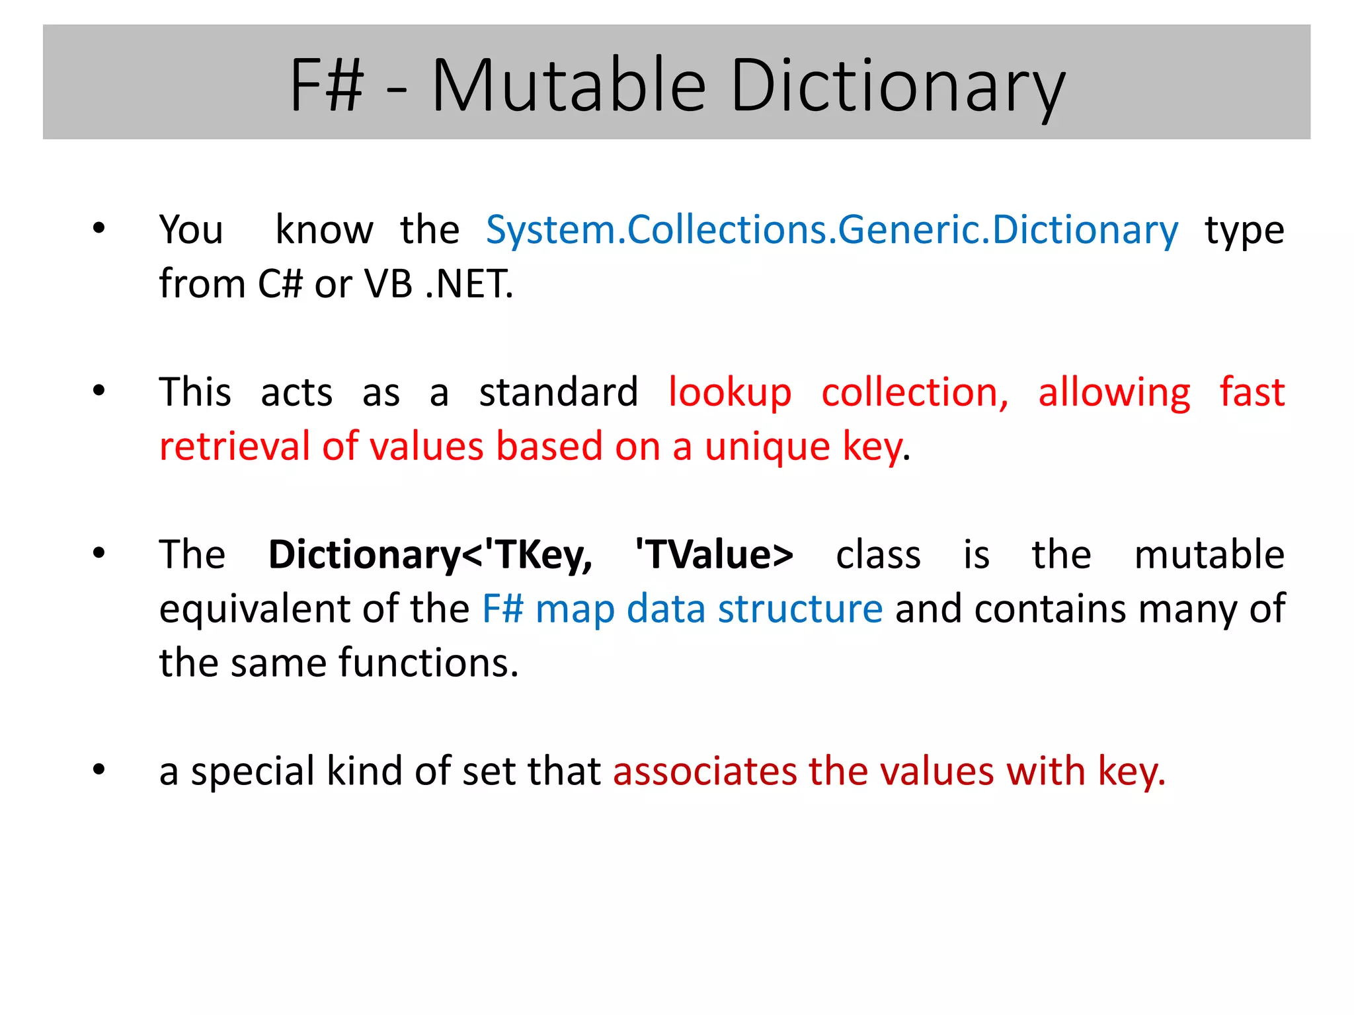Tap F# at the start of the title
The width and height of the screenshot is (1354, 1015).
point(327,86)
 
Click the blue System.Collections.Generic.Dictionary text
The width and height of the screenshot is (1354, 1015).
point(832,231)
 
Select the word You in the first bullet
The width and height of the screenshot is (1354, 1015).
point(191,231)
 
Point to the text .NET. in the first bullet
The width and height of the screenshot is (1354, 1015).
point(469,285)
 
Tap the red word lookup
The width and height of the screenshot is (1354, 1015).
point(730,393)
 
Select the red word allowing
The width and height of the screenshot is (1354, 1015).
point(1114,393)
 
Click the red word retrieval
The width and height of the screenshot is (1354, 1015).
point(234,447)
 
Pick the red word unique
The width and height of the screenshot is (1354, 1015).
point(767,447)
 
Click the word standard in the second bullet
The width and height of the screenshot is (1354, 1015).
point(559,393)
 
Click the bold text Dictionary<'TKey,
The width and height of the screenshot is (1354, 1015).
point(430,555)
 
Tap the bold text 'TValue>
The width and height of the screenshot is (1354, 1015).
point(714,555)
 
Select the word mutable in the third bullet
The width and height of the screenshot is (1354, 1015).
point(1209,555)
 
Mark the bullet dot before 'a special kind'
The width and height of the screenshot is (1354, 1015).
point(99,770)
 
